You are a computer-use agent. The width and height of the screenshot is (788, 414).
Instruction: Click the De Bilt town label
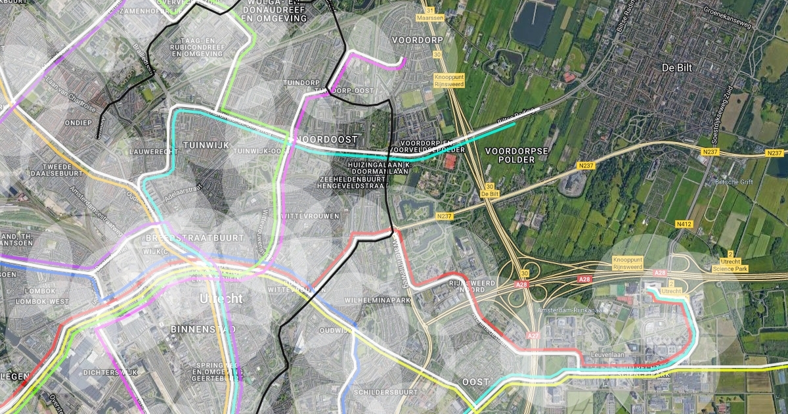(678, 68)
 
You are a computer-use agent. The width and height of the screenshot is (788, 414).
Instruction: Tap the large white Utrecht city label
(221, 298)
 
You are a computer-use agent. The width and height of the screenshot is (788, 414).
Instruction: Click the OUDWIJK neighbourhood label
(336, 331)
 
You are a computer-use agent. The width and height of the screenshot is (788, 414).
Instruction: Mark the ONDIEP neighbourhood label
(78, 123)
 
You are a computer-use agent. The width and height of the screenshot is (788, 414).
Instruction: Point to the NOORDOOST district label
(327, 139)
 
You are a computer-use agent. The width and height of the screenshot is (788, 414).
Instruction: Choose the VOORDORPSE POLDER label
(516, 155)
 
